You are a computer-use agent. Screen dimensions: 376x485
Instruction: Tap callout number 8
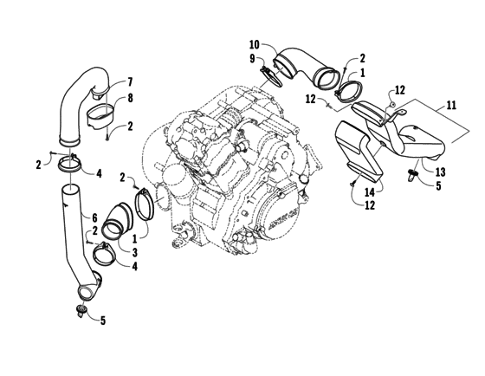coord(132,98)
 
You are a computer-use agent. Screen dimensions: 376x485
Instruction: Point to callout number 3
coord(134,251)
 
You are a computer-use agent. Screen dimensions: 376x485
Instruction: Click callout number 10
coord(254,44)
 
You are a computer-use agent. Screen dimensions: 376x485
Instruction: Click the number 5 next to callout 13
coord(440,185)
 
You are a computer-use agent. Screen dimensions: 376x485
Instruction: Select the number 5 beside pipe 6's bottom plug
coord(103,321)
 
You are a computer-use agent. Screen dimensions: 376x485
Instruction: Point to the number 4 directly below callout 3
coord(134,265)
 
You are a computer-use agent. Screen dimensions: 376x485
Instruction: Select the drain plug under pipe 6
coord(82,309)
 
